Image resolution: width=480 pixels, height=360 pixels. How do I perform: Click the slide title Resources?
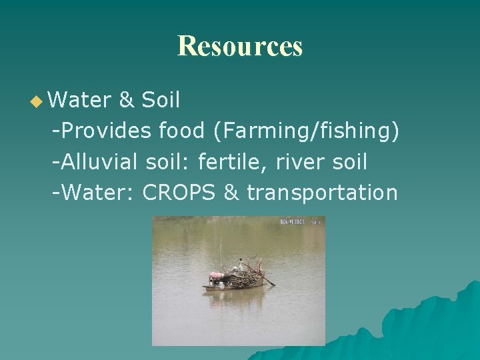pyautogui.click(x=240, y=46)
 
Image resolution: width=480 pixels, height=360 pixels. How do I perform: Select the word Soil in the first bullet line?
pyautogui.click(x=161, y=100)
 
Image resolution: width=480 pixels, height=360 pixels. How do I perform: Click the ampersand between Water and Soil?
pyautogui.click(x=125, y=101)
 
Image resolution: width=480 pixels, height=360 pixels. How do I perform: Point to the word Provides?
pyautogui.click(x=106, y=131)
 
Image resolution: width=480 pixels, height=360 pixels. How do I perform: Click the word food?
pyautogui.click(x=182, y=131)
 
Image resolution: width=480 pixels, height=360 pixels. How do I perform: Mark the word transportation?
pyautogui.click(x=322, y=193)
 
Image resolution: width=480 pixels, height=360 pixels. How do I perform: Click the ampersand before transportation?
pyautogui.click(x=231, y=193)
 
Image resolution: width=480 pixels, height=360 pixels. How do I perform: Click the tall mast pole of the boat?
pyautogui.click(x=221, y=253)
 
